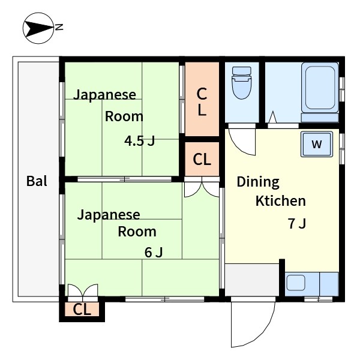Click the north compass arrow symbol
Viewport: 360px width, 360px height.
click(38, 28)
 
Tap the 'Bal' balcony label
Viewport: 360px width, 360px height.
click(37, 181)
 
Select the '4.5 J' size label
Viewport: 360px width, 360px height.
click(140, 142)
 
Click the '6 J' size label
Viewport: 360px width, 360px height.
click(154, 252)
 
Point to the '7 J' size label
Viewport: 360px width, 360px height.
click(297, 224)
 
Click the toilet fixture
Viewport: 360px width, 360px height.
click(242, 82)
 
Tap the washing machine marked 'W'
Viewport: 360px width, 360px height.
click(317, 144)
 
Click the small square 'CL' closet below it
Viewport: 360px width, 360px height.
click(202, 159)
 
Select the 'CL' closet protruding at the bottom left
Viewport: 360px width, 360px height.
click(82, 310)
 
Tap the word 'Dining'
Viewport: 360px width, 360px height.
click(258, 182)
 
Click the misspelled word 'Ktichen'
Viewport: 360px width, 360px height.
click(281, 201)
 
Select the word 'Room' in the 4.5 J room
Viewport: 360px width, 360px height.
click(124, 116)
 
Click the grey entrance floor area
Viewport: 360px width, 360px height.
click(252, 278)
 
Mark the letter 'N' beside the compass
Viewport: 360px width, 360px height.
click(59, 27)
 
